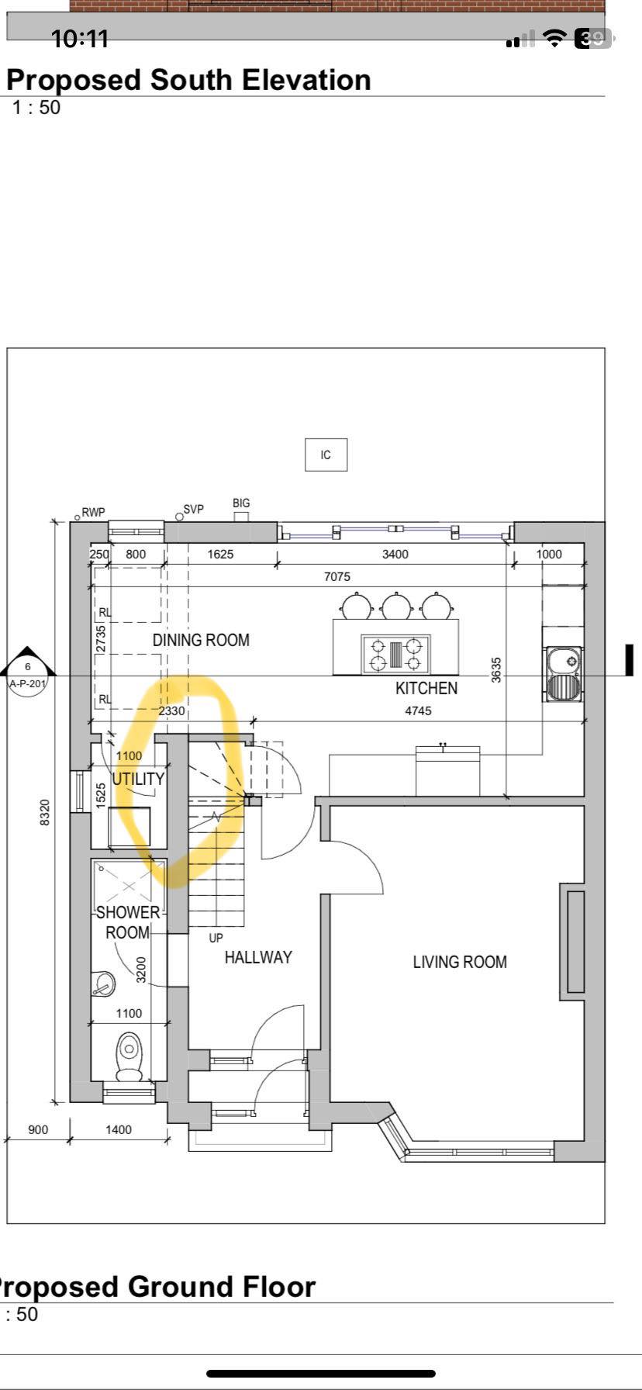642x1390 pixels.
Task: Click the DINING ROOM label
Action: [x=201, y=640]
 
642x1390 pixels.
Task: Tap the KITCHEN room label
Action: [x=426, y=688]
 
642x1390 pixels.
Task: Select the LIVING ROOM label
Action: [x=460, y=962]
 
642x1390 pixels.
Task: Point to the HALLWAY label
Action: [x=258, y=957]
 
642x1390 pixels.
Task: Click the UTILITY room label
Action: [x=139, y=779]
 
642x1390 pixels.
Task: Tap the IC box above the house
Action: [x=326, y=455]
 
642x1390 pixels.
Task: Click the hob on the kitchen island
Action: [x=395, y=654]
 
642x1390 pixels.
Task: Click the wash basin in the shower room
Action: [x=103, y=984]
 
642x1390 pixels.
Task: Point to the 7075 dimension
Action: [x=337, y=576]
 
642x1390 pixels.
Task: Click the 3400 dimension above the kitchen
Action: [x=395, y=554]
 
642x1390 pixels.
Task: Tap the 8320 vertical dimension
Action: [x=45, y=812]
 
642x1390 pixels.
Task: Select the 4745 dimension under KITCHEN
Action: [x=419, y=710]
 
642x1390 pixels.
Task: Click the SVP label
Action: [x=194, y=510]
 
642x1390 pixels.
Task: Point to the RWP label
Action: [x=93, y=512]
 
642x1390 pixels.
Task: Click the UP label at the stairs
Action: [x=216, y=938]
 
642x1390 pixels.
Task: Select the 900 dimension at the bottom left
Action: [x=38, y=1129]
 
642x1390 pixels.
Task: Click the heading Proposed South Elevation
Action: [x=188, y=80]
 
